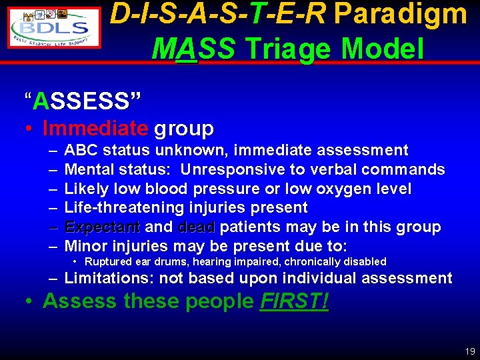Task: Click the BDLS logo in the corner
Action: [x=53, y=27]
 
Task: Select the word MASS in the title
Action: [x=193, y=48]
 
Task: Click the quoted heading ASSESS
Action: [x=83, y=101]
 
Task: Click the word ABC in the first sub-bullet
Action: [x=81, y=151]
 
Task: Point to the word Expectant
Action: [x=102, y=227]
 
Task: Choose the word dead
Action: [x=196, y=227]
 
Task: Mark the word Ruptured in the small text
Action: [x=107, y=262]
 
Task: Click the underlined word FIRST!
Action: [x=293, y=301]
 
